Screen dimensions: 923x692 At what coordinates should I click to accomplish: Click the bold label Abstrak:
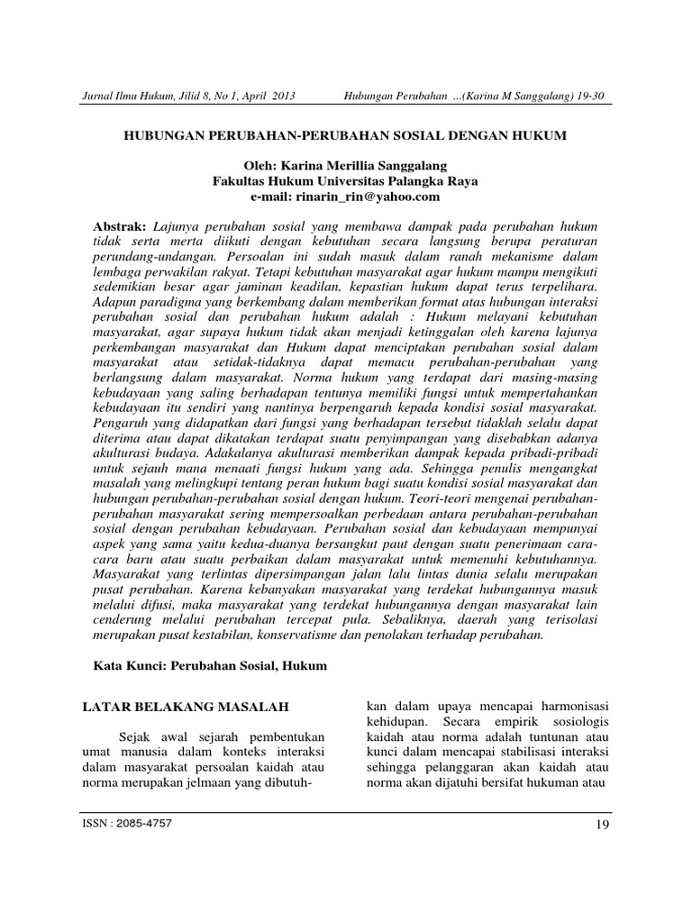[121, 223]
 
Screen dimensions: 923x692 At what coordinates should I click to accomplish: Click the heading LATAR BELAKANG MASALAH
[178, 705]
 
